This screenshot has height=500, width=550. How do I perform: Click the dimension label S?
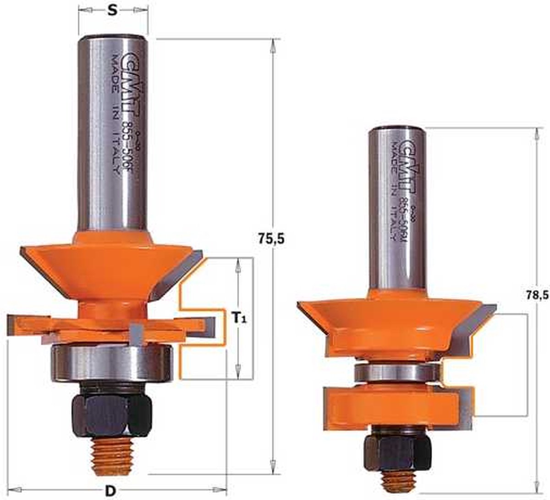(x=111, y=11)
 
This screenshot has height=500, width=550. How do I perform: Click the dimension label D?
(x=110, y=491)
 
